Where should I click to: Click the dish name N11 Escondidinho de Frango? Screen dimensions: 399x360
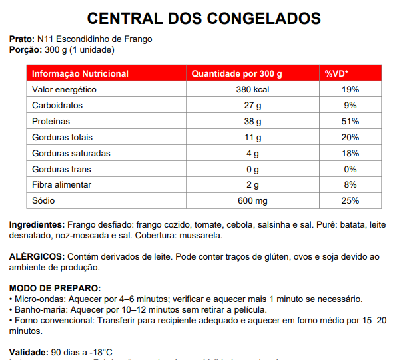coord(95,39)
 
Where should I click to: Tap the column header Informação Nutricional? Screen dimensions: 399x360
coord(80,73)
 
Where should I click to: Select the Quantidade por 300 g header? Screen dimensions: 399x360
coord(237,73)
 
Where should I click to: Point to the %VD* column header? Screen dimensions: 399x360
coord(337,73)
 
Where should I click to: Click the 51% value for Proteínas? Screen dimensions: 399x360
coord(350,121)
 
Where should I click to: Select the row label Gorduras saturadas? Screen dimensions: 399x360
coord(71,153)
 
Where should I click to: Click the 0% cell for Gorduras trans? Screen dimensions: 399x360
coord(351,169)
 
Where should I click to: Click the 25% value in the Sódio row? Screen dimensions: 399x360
coord(350,200)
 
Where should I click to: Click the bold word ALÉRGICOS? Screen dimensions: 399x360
coord(37,257)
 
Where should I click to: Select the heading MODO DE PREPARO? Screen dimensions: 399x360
coord(55,289)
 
